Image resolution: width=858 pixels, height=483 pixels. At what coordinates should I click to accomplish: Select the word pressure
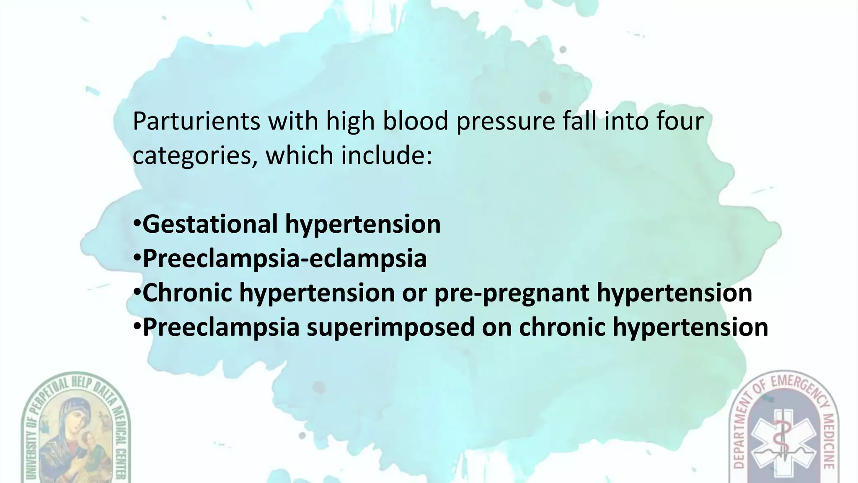click(504, 122)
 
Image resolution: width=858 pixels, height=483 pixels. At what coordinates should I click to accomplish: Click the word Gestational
click(210, 224)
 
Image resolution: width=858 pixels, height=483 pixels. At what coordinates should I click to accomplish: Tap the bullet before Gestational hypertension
click(137, 223)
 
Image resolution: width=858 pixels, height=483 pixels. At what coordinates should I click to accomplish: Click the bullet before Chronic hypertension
click(137, 292)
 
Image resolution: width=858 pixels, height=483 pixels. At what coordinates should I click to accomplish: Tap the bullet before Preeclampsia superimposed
click(137, 327)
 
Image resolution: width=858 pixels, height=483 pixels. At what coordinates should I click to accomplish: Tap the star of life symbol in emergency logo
click(782, 444)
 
